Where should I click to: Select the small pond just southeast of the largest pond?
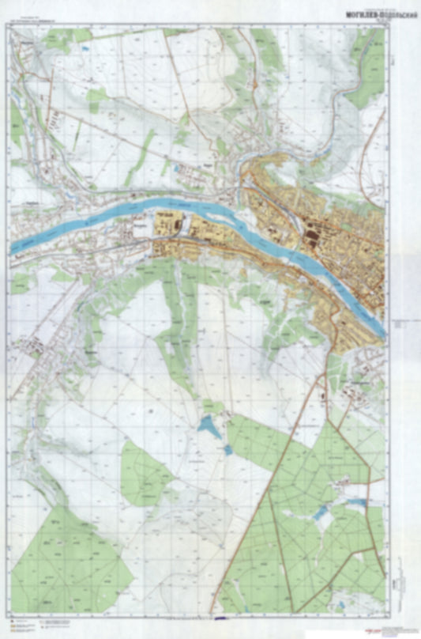[227, 449]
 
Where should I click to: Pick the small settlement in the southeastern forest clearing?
[341, 480]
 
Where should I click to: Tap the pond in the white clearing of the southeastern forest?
[320, 514]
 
